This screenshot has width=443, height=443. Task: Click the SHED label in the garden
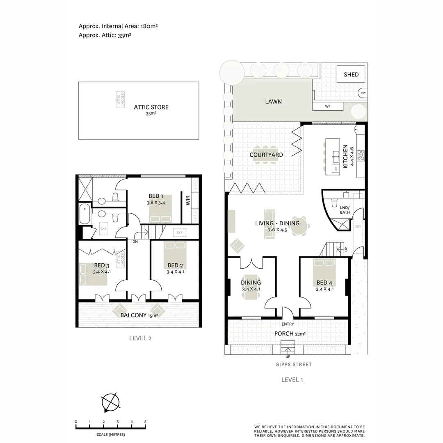click(x=351, y=74)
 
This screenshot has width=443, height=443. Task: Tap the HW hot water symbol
click(x=363, y=93)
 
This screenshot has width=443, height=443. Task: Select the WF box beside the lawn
click(x=327, y=107)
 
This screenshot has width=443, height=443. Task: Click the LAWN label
click(x=273, y=101)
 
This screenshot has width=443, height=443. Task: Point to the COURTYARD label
click(x=266, y=155)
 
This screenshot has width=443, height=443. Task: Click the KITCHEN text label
click(x=345, y=156)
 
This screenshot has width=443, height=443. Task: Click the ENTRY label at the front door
click(x=288, y=324)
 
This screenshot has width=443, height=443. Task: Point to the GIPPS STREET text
click(x=294, y=364)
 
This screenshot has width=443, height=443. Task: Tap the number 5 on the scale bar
click(x=145, y=422)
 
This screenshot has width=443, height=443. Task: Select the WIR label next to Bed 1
click(x=187, y=201)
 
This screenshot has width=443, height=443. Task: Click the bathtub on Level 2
click(x=84, y=214)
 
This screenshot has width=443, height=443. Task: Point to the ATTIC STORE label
click(x=151, y=107)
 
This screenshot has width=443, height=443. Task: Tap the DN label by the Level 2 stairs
click(x=135, y=242)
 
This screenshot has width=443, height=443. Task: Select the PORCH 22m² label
click(x=290, y=333)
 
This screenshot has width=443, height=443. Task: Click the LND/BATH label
click(x=345, y=210)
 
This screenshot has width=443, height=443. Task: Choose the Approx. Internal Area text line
click(x=118, y=26)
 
